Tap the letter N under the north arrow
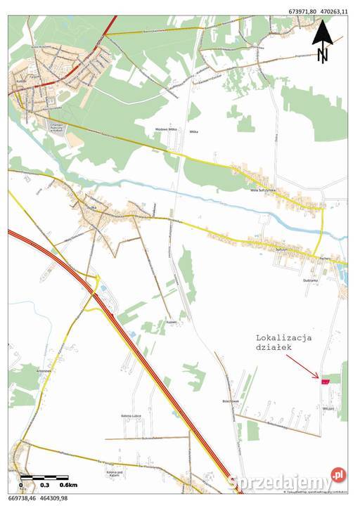click(322, 54)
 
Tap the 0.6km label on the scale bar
click(68, 485)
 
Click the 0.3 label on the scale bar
click(44, 485)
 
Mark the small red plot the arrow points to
click(324, 382)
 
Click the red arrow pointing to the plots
click(302, 368)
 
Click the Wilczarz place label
click(329, 408)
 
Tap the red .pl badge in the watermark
click(339, 476)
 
